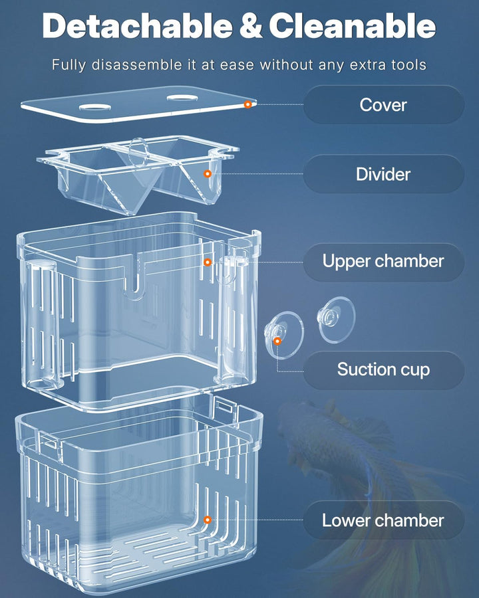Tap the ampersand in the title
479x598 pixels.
(251, 27)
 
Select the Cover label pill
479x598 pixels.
(383, 104)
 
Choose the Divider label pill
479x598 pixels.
(383, 174)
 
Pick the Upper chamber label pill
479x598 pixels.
(383, 261)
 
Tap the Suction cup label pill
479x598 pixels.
(383, 369)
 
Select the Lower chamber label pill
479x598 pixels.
(383, 520)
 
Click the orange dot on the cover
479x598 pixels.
(247, 104)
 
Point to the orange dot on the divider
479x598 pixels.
(208, 173)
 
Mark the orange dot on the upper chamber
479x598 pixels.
(208, 262)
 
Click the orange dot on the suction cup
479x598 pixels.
(277, 341)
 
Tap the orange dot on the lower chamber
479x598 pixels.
(208, 520)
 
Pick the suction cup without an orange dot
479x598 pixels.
(336, 319)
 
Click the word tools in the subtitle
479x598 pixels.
(406, 65)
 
